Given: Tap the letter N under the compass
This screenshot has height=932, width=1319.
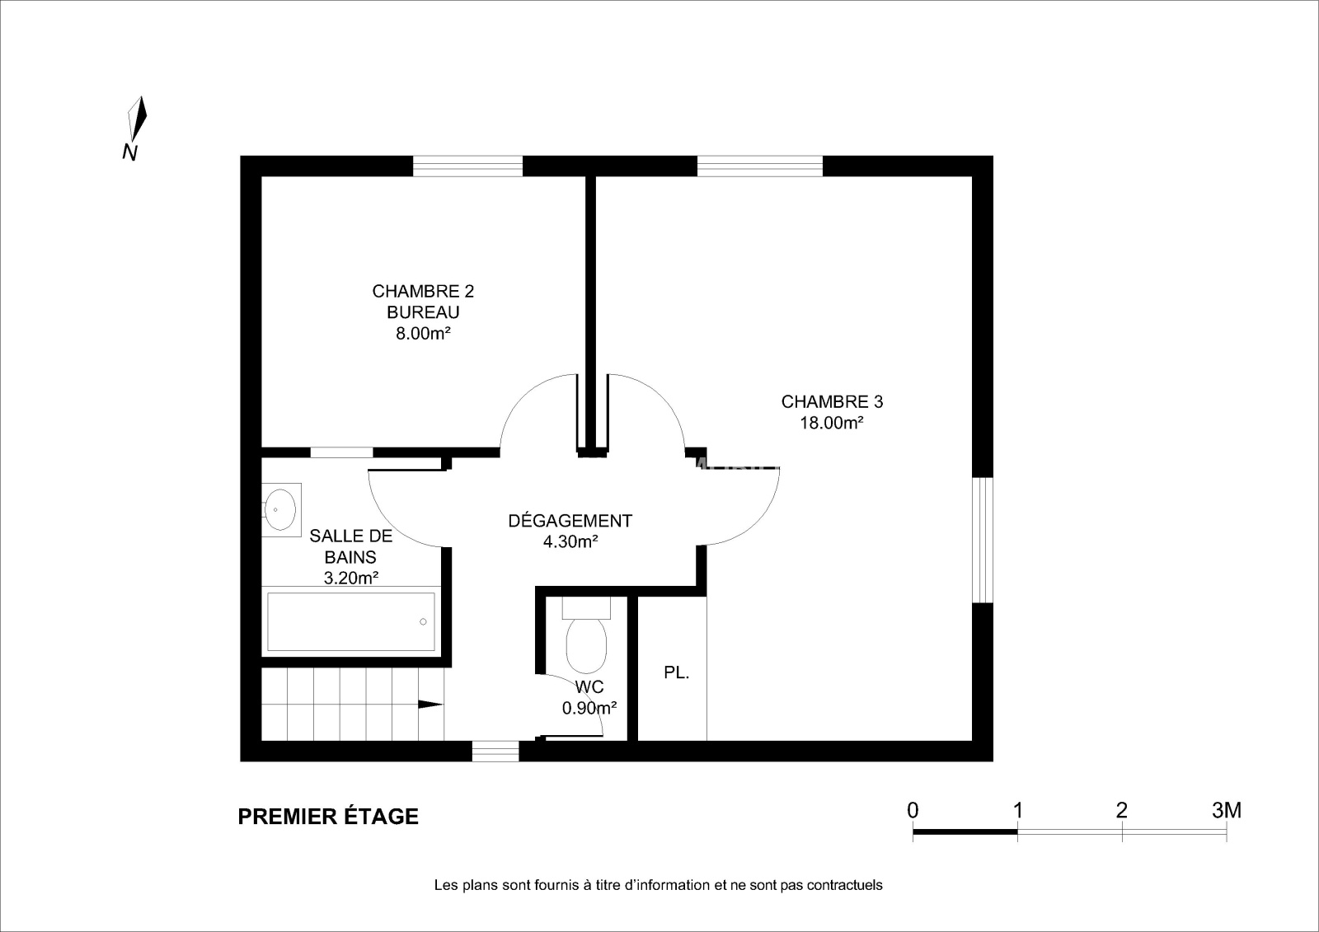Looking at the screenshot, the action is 129,152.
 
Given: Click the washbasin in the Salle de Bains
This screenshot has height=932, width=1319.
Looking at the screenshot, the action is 281,509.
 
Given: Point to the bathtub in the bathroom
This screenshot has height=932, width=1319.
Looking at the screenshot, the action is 351,621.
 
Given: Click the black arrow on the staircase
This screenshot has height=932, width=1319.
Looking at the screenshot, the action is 430,705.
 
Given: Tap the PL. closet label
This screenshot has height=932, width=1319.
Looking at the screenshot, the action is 677,672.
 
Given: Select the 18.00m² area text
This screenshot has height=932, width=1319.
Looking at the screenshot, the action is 832,423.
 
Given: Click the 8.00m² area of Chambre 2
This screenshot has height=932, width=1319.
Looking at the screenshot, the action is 423,333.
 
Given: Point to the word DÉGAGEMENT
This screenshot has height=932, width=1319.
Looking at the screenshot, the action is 570,521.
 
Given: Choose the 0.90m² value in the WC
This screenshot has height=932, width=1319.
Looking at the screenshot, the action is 589,708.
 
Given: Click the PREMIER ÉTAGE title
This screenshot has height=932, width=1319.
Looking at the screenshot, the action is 328,817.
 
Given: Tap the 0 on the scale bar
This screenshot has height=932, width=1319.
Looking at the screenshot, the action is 913,811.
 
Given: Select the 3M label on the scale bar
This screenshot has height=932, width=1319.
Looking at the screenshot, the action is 1227,811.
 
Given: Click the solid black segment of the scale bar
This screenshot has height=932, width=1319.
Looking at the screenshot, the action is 965,832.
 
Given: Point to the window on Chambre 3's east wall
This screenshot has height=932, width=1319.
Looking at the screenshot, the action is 982,540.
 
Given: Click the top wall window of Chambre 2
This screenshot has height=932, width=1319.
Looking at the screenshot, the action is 467,166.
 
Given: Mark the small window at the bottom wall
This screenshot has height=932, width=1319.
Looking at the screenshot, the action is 495,752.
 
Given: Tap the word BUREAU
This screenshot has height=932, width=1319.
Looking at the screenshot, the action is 423,312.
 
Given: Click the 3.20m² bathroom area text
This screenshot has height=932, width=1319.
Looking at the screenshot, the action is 351,578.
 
